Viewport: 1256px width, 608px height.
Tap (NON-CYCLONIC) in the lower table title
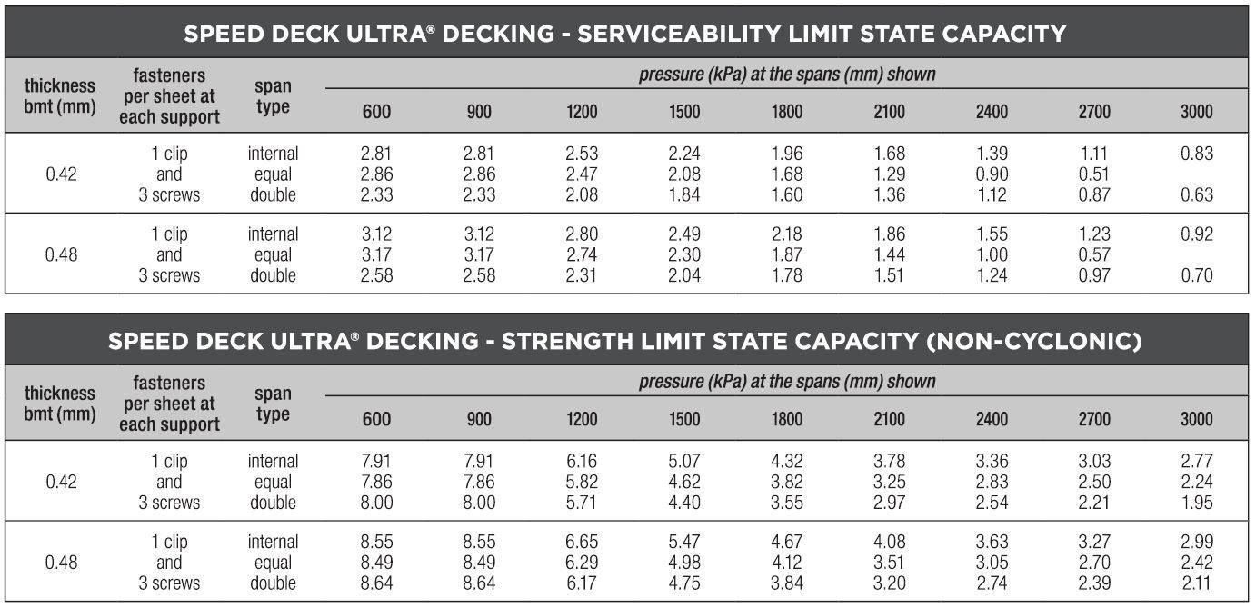[1037, 342]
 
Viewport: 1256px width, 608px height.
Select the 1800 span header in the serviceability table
[787, 112]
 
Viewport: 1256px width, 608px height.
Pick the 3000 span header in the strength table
[1196, 419]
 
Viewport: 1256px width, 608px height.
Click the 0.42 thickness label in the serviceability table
[61, 174]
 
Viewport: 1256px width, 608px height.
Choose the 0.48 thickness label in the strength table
[61, 563]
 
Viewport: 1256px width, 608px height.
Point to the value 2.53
[582, 154]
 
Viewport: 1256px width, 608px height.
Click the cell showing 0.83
[1196, 154]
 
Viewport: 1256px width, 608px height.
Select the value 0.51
[1094, 174]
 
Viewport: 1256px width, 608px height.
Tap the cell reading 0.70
[1196, 275]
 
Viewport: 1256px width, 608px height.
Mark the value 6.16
[582, 462]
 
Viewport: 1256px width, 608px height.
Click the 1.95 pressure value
[1196, 503]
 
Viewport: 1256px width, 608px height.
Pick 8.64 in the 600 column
[377, 583]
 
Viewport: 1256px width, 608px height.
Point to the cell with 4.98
[684, 563]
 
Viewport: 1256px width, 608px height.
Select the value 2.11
[1196, 583]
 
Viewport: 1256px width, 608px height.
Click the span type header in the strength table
[273, 404]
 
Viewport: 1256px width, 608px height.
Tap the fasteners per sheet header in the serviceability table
[169, 96]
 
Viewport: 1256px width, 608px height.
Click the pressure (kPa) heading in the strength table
[787, 382]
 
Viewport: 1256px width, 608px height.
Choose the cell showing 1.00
[992, 255]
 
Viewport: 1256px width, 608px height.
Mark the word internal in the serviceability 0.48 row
[273, 234]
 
